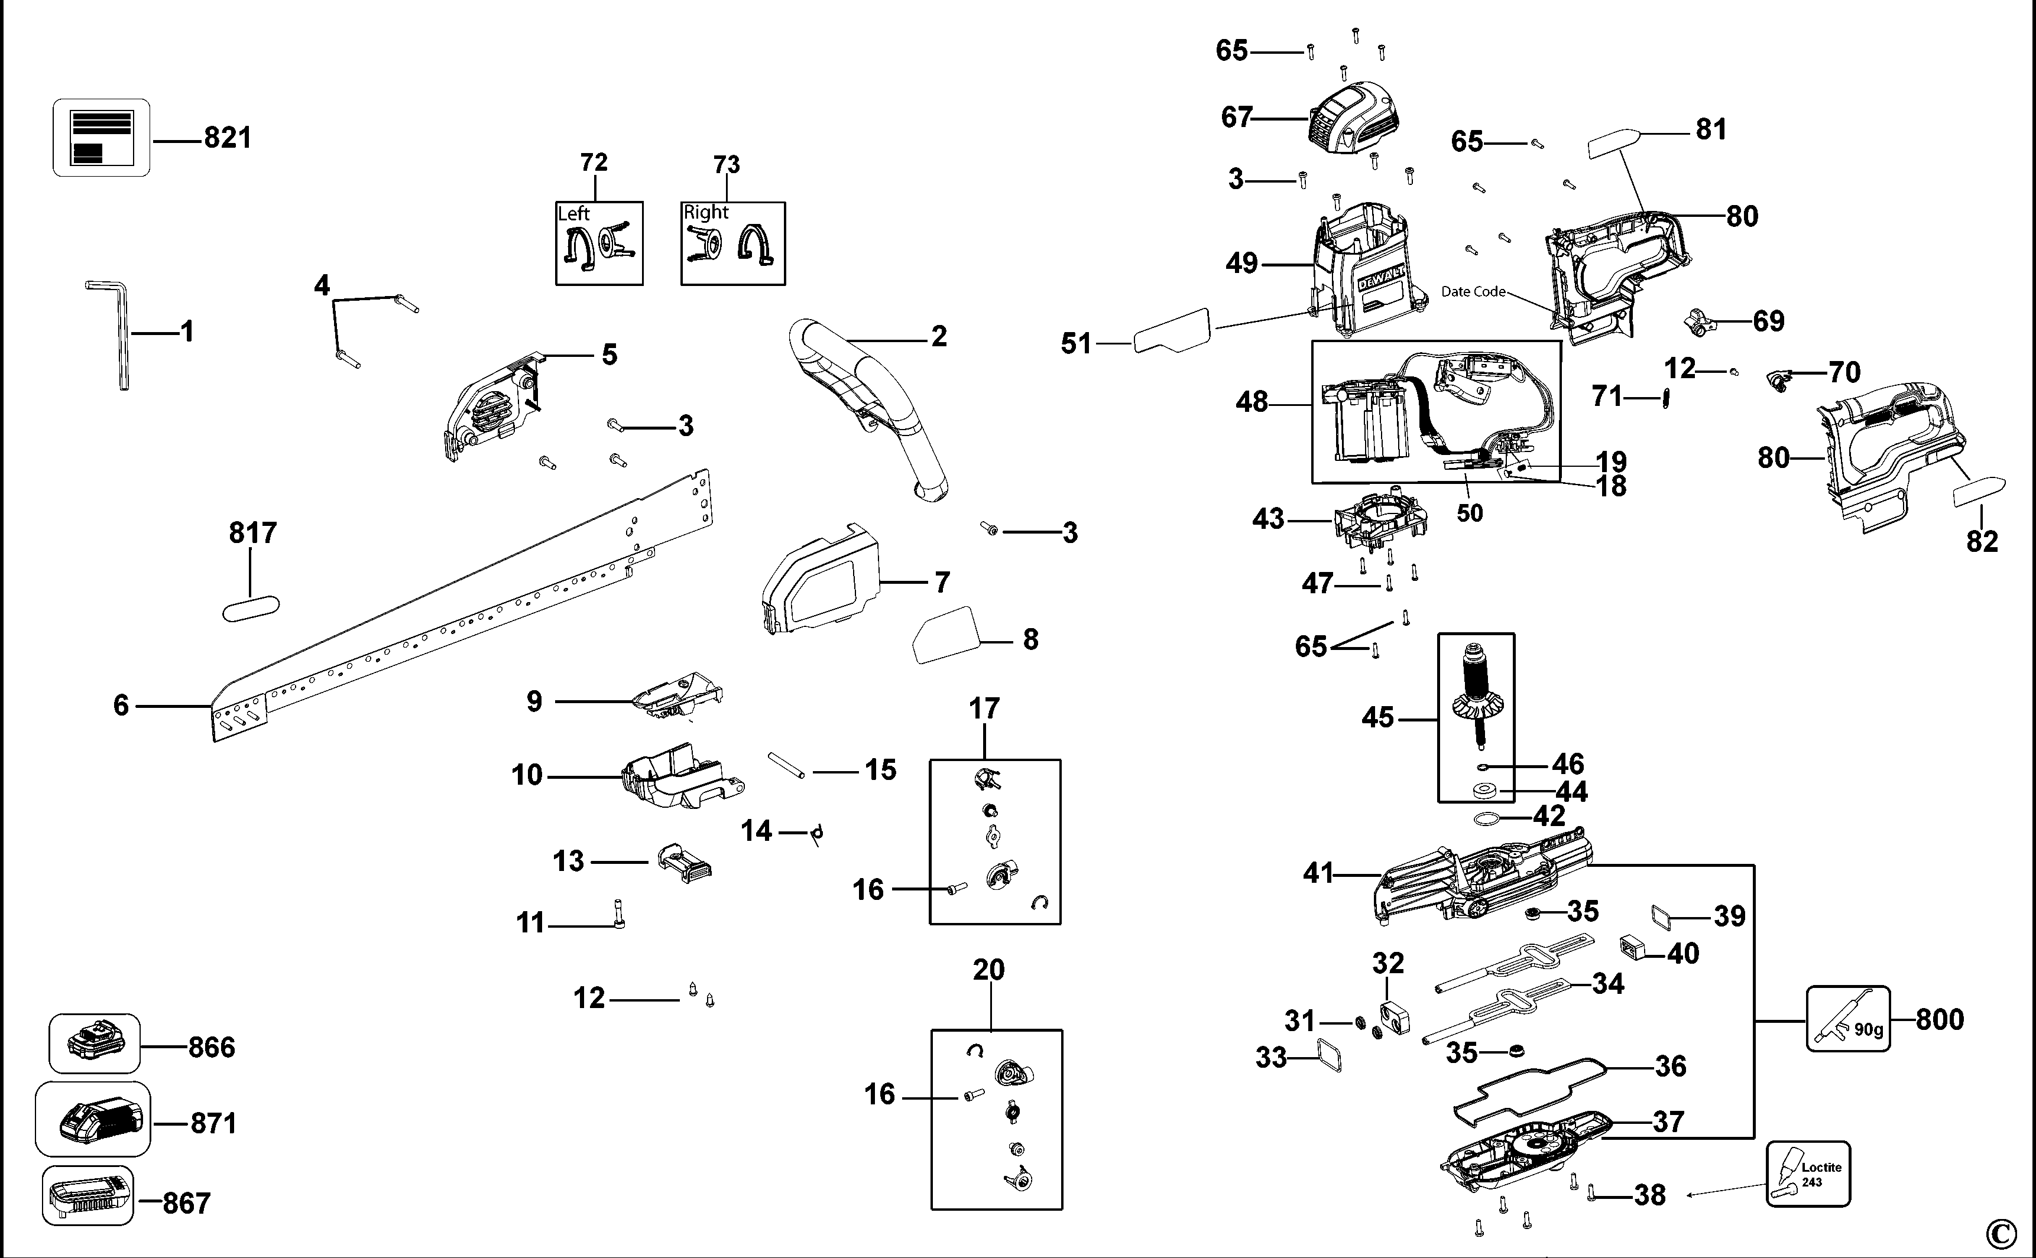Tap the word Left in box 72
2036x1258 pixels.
coord(573,214)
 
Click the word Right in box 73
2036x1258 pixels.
coord(706,212)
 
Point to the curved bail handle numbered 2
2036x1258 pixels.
coord(882,391)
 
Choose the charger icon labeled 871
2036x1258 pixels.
coord(93,1120)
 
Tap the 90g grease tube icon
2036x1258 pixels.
coord(1848,1019)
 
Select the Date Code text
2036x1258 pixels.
coord(1473,291)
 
